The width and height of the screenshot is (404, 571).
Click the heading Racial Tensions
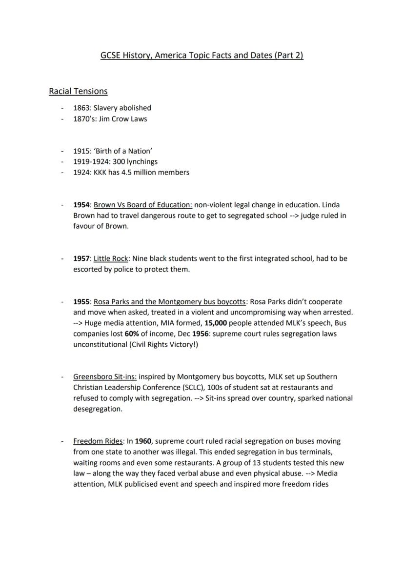[x=78, y=91]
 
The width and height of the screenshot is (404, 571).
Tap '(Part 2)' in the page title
[x=289, y=55]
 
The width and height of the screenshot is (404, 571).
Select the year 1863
[x=81, y=108]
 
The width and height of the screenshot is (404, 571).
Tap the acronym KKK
[x=101, y=172]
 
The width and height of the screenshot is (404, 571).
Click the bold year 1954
[x=81, y=205]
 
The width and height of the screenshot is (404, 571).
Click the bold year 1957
[x=81, y=258]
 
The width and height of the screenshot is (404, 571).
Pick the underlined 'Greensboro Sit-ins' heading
[x=105, y=376]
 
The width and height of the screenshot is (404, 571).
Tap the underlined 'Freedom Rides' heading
[x=98, y=441]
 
